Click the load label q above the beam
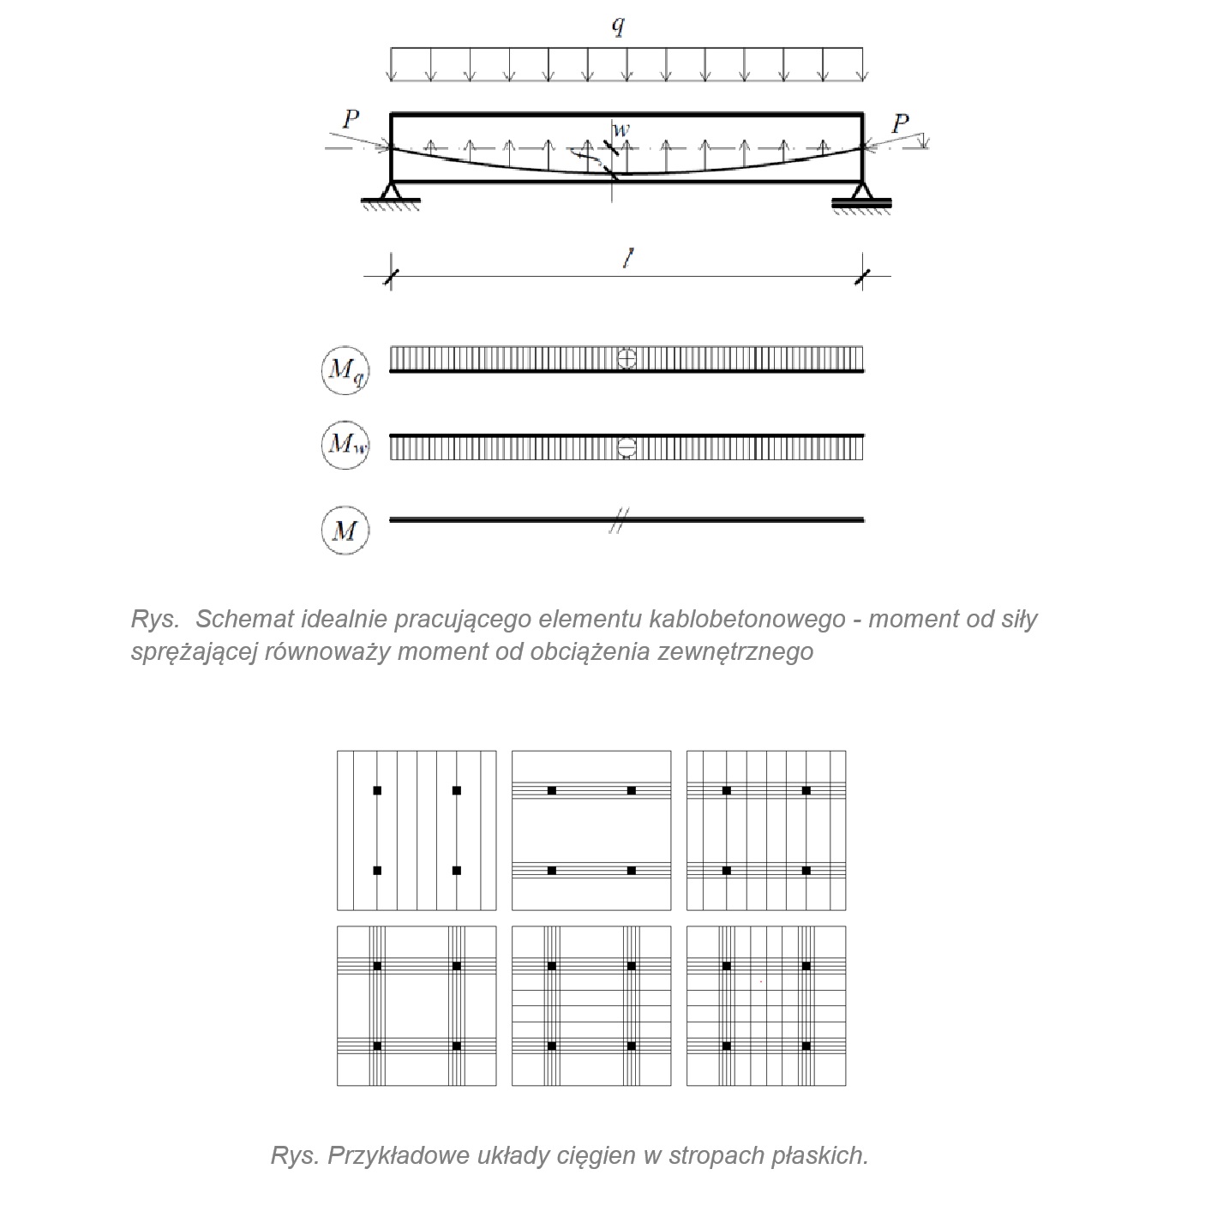(618, 26)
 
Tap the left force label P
(350, 119)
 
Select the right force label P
(899, 124)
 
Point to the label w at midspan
(621, 129)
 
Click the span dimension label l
(628, 260)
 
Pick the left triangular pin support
(392, 192)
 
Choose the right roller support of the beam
(862, 195)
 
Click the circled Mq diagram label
(345, 369)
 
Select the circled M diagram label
(345, 531)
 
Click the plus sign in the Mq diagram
(626, 358)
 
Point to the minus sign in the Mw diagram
(626, 447)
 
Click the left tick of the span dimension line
(392, 276)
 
